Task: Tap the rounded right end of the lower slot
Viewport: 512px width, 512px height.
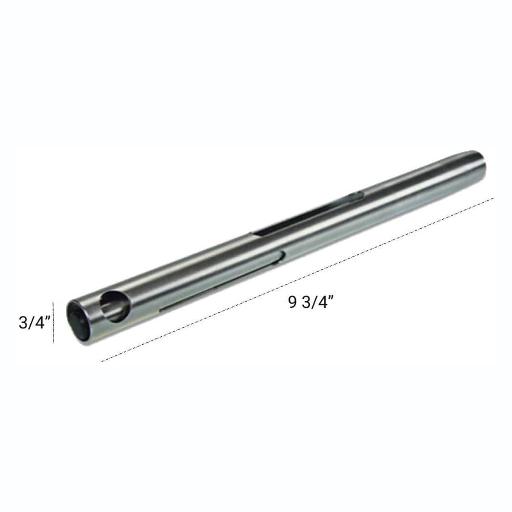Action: pos(284,255)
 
